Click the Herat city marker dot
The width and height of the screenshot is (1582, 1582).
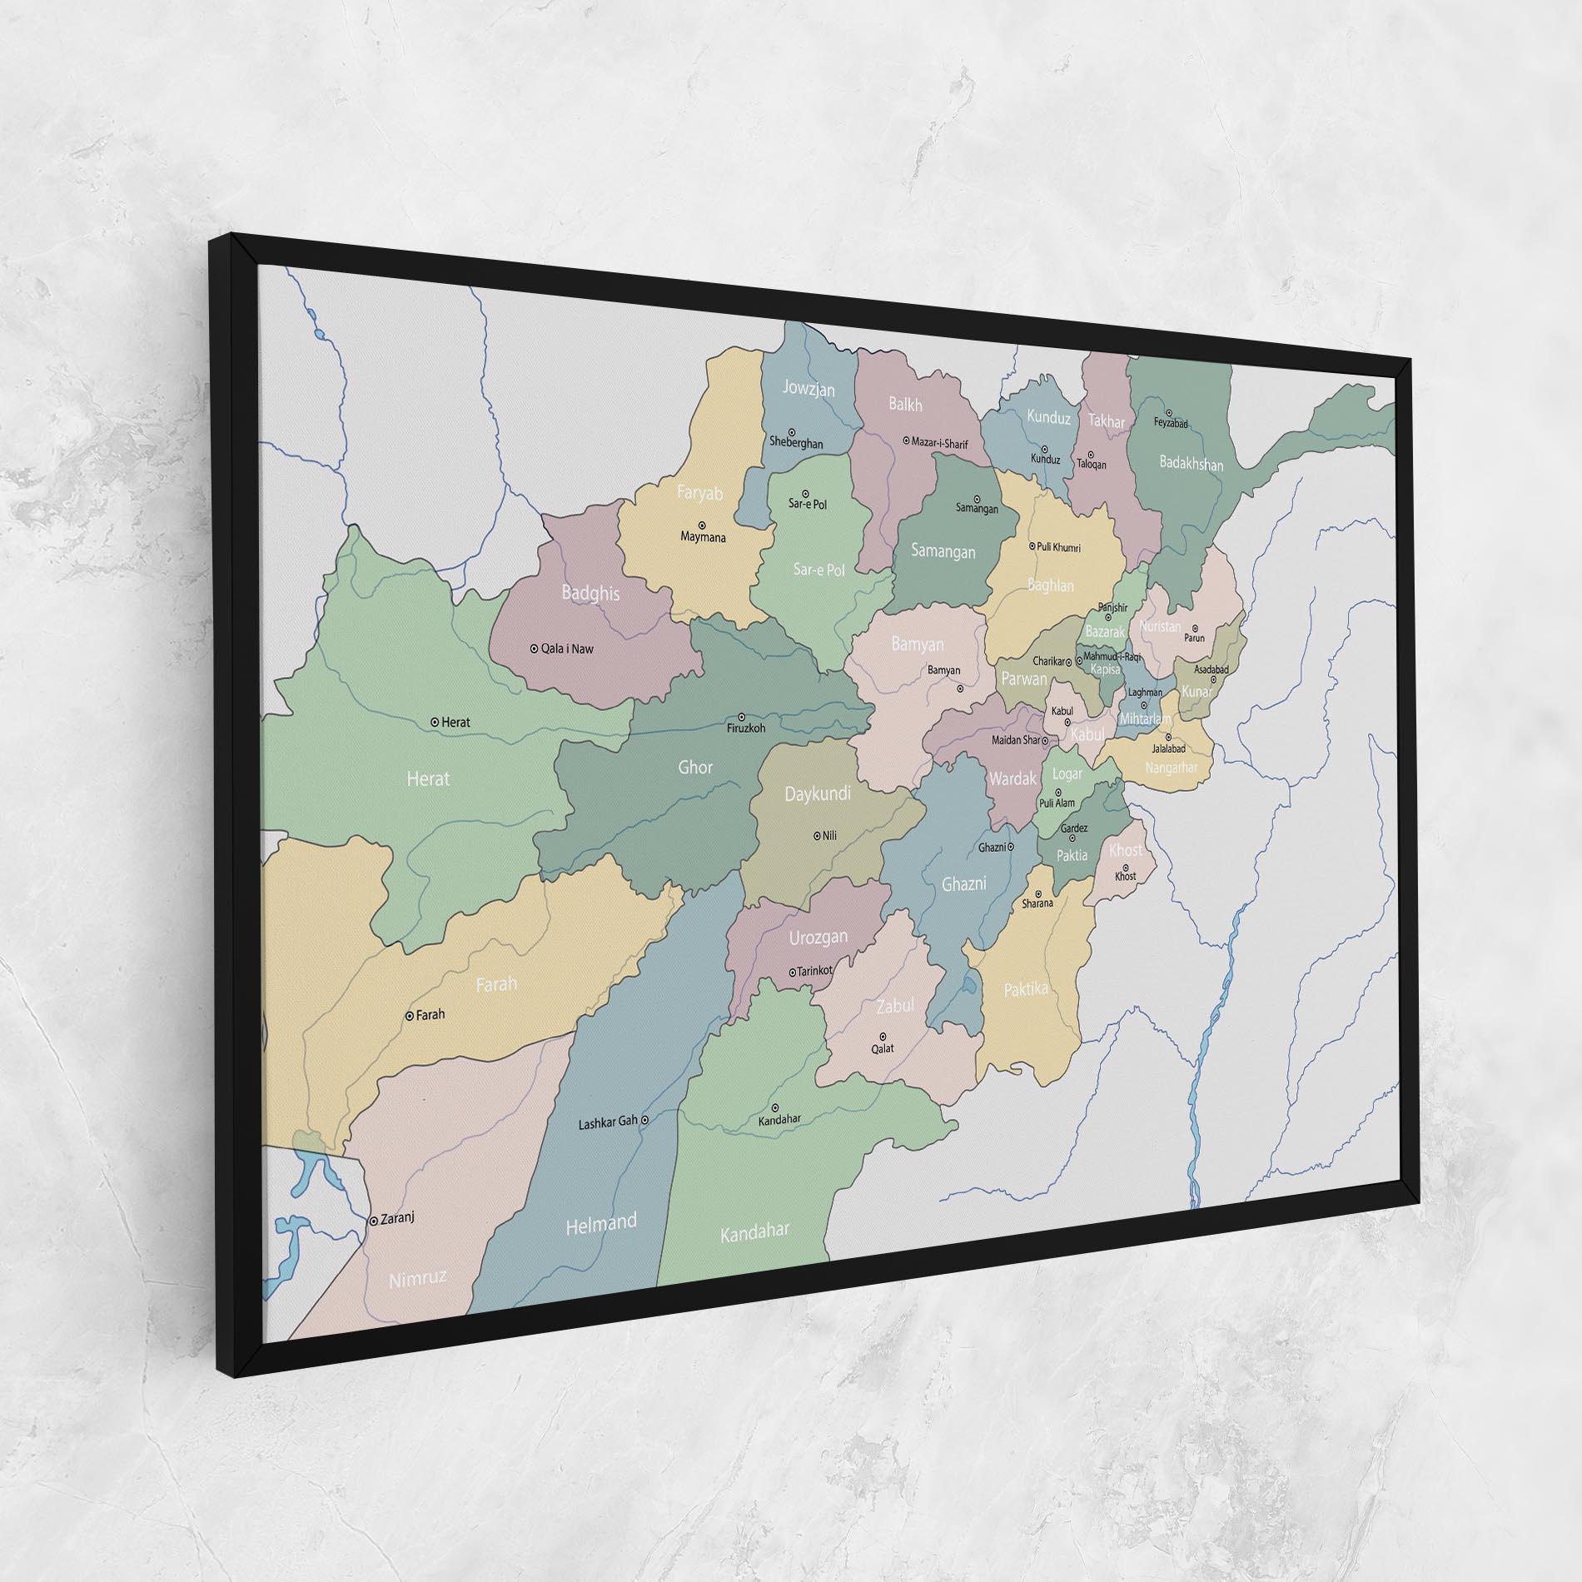pyautogui.click(x=435, y=722)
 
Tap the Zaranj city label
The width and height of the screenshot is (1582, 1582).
pyautogui.click(x=396, y=1217)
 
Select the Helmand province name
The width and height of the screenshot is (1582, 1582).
pyautogui.click(x=600, y=1225)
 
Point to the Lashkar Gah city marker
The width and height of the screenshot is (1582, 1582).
pyautogui.click(x=644, y=1121)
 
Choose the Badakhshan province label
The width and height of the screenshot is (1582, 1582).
pyautogui.click(x=1191, y=463)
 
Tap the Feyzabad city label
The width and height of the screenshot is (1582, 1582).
pyautogui.click(x=1171, y=424)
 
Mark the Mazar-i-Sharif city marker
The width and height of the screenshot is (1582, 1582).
pyautogui.click(x=907, y=440)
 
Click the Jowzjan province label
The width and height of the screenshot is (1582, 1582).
pyautogui.click(x=808, y=389)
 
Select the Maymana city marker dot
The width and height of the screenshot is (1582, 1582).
pyautogui.click(x=702, y=525)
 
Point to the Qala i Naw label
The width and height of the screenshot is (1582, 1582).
pyautogui.click(x=567, y=649)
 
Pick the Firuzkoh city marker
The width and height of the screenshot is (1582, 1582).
pyautogui.click(x=742, y=716)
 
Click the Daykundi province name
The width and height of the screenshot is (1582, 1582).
pyautogui.click(x=818, y=793)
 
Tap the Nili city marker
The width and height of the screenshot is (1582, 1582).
pyautogui.click(x=816, y=835)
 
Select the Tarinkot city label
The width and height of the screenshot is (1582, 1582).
pyautogui.click(x=814, y=972)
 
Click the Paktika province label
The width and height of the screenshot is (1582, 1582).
pyautogui.click(x=1025, y=989)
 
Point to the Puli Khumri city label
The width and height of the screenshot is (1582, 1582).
pyautogui.click(x=1059, y=547)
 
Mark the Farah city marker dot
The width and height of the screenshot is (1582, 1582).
pyautogui.click(x=410, y=1016)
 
